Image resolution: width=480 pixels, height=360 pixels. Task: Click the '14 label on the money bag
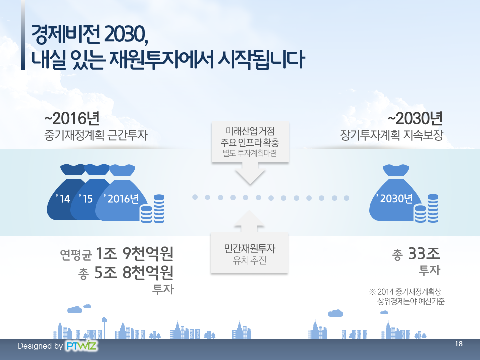tap(63, 199)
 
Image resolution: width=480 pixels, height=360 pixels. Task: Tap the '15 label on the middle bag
tap(86, 199)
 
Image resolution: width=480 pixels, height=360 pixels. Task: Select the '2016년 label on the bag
tap(121, 199)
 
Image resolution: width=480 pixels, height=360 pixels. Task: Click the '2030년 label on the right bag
tap(394, 199)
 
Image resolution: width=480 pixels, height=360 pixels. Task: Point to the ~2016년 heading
tap(72, 119)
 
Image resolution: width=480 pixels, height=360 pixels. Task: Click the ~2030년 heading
tap(415, 119)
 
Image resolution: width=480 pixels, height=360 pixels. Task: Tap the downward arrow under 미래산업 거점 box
tap(250, 173)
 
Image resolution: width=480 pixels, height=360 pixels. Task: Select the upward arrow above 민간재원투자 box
tap(249, 222)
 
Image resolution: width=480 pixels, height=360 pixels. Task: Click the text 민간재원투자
tap(250, 248)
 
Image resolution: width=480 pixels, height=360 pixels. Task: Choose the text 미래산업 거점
tap(250, 131)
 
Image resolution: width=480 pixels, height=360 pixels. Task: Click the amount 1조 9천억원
tap(135, 254)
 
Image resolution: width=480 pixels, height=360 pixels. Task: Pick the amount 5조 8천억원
tap(134, 273)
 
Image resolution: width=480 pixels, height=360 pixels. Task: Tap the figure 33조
tap(424, 254)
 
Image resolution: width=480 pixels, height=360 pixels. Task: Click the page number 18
tap(459, 344)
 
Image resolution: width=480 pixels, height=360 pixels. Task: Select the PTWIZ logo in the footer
tap(81, 346)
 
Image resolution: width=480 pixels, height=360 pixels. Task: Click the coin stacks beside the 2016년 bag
tap(152, 209)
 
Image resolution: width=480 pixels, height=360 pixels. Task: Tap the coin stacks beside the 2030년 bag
tap(426, 208)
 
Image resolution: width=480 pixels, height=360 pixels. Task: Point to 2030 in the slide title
tap(124, 35)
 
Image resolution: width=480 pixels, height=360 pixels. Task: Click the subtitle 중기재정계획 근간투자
tap(96, 135)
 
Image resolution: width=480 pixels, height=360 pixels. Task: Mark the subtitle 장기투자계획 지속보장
tap(392, 135)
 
